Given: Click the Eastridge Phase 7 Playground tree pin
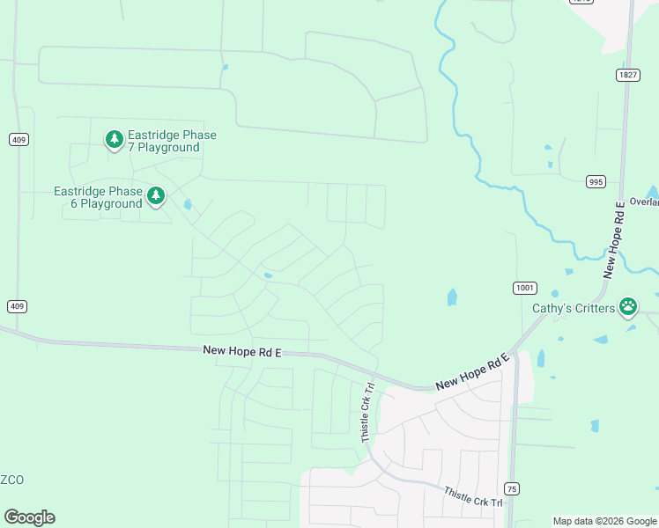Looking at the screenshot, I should pyautogui.click(x=114, y=139).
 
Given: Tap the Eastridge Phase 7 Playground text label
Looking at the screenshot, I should pyautogui.click(x=172, y=141).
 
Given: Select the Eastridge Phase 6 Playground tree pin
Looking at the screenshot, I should pyautogui.click(x=156, y=195).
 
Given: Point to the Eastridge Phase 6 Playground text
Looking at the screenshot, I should pyautogui.click(x=98, y=197).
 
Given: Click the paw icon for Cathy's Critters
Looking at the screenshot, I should pyautogui.click(x=628, y=306).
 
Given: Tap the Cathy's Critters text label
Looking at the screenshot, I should pyautogui.click(x=574, y=308).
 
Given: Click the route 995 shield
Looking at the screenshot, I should pyautogui.click(x=596, y=182).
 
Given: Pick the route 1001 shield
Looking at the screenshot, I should pyautogui.click(x=524, y=288).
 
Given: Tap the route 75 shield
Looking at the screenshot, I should pyautogui.click(x=512, y=488).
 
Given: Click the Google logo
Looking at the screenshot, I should pyautogui.click(x=29, y=517).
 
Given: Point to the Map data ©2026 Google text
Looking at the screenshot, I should pyautogui.click(x=604, y=521).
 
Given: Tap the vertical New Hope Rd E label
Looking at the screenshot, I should pyautogui.click(x=613, y=239).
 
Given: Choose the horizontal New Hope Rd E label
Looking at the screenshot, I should pyautogui.click(x=241, y=349).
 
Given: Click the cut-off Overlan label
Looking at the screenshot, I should pyautogui.click(x=644, y=201).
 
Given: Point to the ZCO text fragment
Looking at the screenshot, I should pyautogui.click(x=11, y=480).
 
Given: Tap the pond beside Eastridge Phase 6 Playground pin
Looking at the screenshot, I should pyautogui.click(x=188, y=205).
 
